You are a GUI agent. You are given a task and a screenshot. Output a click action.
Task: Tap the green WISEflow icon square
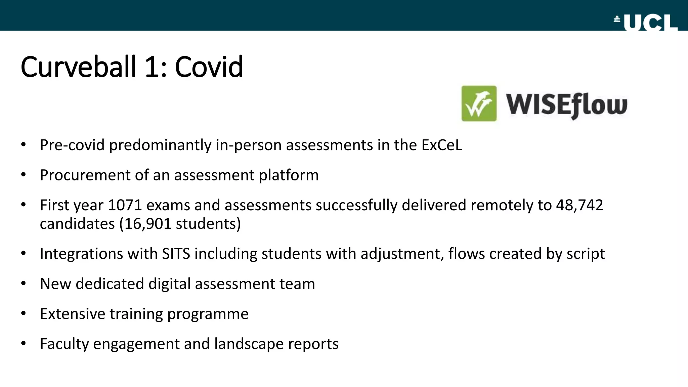tap(479, 103)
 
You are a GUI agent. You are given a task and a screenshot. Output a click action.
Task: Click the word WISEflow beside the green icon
tap(566, 105)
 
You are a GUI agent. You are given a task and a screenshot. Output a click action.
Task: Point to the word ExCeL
tap(441, 145)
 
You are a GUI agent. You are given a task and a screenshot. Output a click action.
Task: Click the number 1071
tap(125, 205)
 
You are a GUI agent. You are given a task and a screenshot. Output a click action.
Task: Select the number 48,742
tap(579, 205)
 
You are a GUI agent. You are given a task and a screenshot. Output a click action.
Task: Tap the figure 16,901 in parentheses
tap(147, 224)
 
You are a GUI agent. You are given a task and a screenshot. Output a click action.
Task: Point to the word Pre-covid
tap(72, 145)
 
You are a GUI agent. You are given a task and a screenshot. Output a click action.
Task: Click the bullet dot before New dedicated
tap(23, 284)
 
